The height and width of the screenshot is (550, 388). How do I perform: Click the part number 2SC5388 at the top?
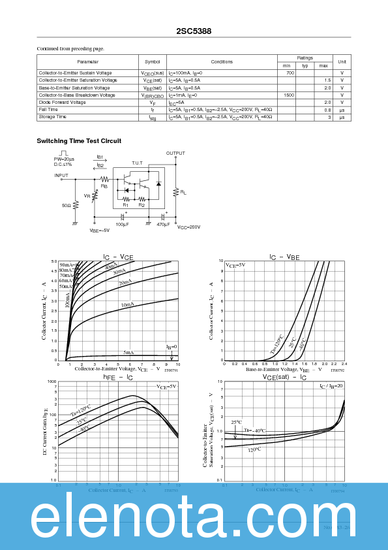pyautogui.click(x=194, y=31)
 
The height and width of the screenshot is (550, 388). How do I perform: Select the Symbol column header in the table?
pyautogui.click(x=152, y=61)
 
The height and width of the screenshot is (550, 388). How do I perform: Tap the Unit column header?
pyautogui.click(x=342, y=61)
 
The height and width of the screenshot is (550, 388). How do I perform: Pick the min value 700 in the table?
pyautogui.click(x=290, y=73)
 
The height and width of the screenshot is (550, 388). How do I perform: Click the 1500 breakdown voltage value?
pyautogui.click(x=288, y=95)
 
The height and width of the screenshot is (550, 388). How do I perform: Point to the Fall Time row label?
pyautogui.click(x=48, y=110)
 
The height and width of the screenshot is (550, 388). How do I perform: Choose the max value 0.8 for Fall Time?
pyautogui.click(x=327, y=110)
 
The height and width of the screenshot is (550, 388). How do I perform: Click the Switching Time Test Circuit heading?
pyautogui.click(x=79, y=141)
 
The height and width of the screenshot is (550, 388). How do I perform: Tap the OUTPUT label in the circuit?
pyautogui.click(x=175, y=154)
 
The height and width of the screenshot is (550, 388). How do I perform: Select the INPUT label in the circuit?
pyautogui.click(x=61, y=175)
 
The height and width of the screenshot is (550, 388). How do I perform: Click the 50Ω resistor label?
pyautogui.click(x=67, y=205)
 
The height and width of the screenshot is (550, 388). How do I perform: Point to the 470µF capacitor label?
pyautogui.click(x=163, y=225)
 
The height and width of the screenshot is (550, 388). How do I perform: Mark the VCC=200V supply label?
pyautogui.click(x=188, y=227)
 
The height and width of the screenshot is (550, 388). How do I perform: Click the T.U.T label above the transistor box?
pyautogui.click(x=137, y=163)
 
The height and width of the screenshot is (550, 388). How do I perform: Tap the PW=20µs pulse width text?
pyautogui.click(x=64, y=159)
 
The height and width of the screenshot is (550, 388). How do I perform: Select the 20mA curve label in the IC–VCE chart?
pyautogui.click(x=125, y=282)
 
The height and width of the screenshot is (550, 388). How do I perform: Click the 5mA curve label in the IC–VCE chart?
pyautogui.click(x=128, y=352)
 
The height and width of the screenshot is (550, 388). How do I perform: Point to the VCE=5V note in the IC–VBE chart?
pyautogui.click(x=235, y=265)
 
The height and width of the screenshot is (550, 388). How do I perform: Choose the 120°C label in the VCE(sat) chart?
pyautogui.click(x=254, y=449)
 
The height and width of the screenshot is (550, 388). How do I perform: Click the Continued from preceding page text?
pyautogui.click(x=70, y=48)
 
